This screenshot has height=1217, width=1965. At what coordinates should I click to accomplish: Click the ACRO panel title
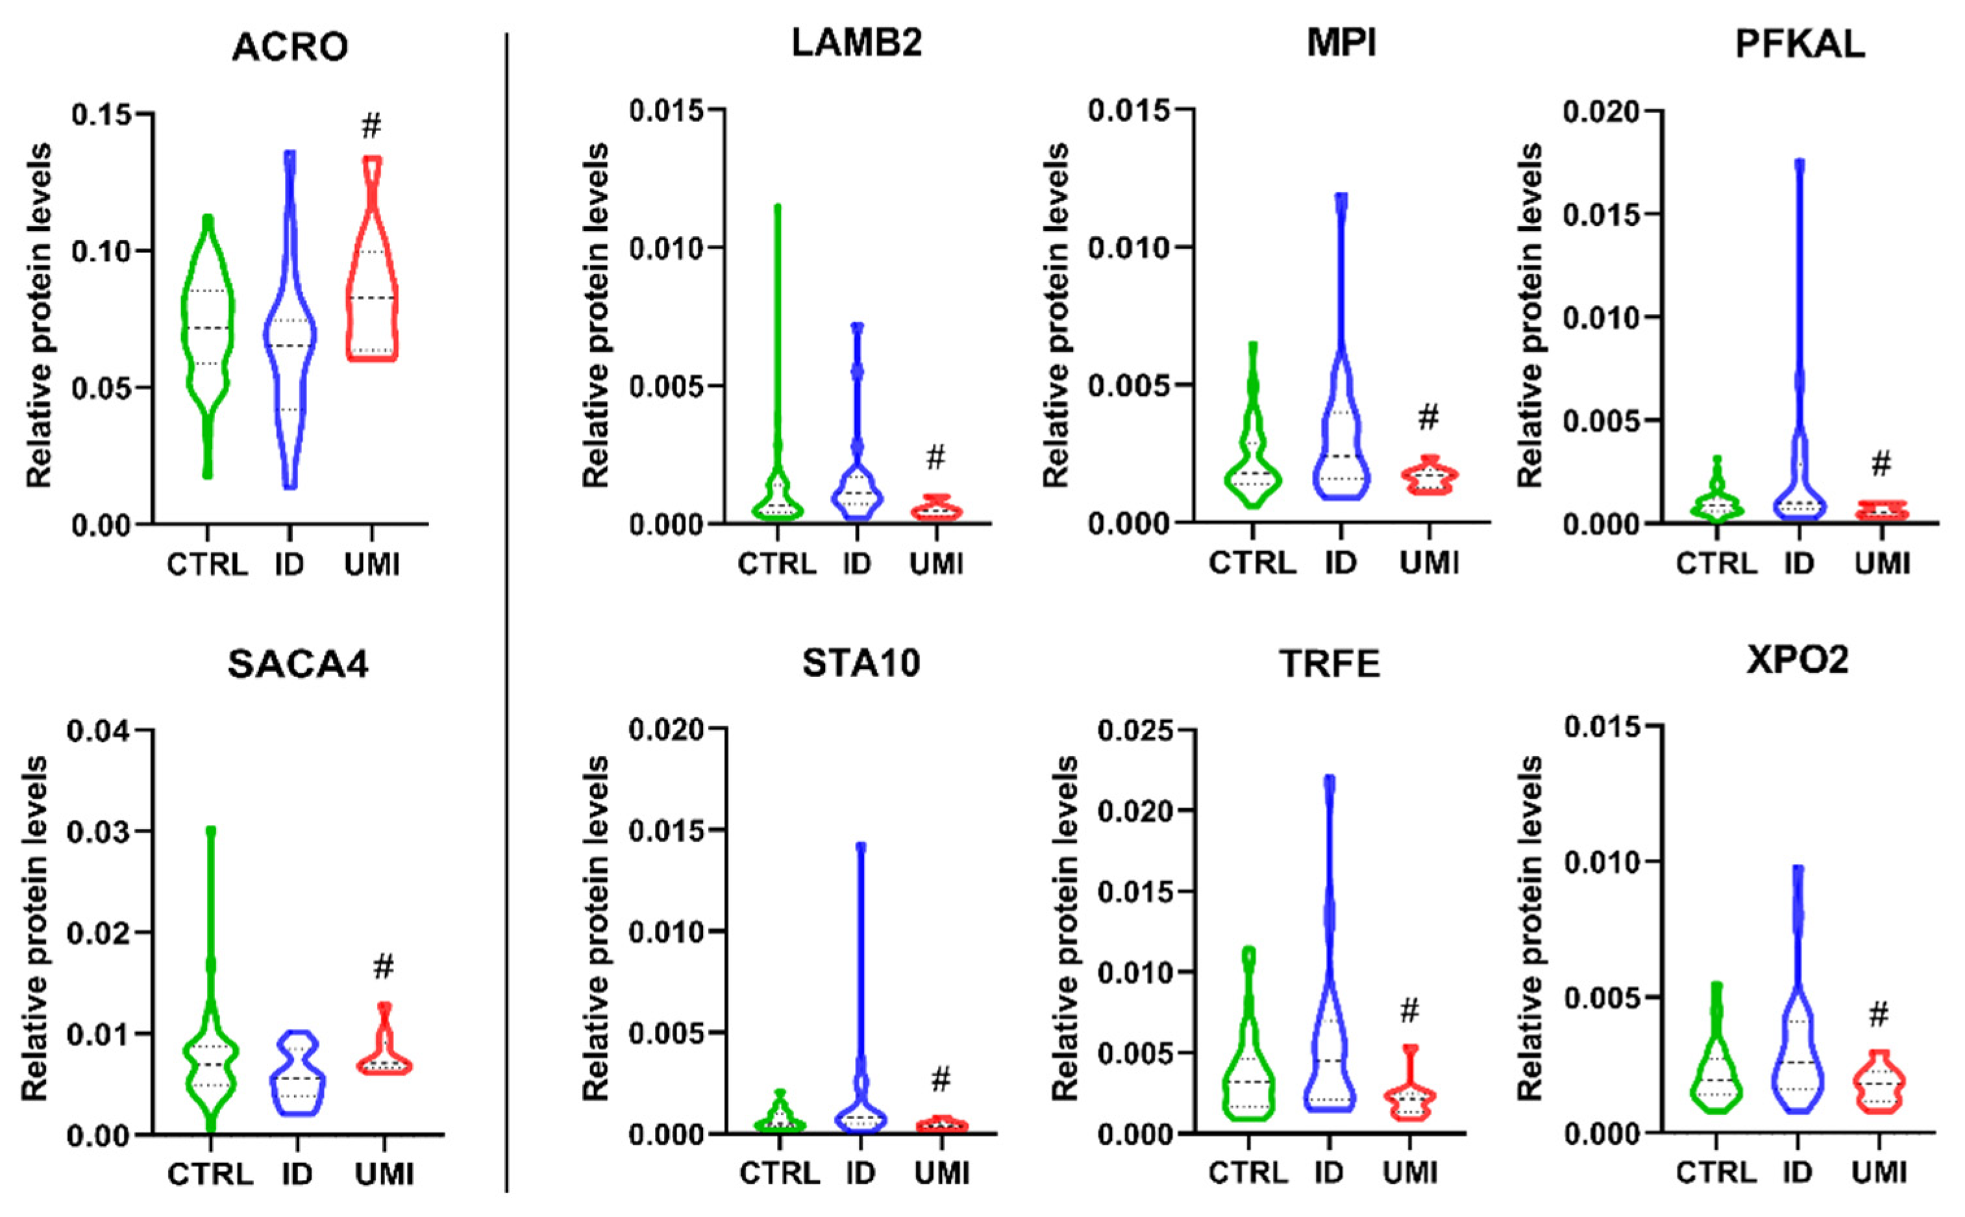[290, 47]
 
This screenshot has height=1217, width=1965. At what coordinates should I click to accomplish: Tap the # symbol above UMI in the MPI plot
[1427, 417]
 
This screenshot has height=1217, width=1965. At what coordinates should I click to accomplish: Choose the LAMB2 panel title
[856, 43]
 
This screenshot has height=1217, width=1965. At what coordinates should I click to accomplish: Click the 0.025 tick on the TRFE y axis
[1135, 730]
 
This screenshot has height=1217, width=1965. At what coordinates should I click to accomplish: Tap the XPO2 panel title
[1798, 660]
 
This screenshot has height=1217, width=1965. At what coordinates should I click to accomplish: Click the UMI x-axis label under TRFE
[1409, 1173]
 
